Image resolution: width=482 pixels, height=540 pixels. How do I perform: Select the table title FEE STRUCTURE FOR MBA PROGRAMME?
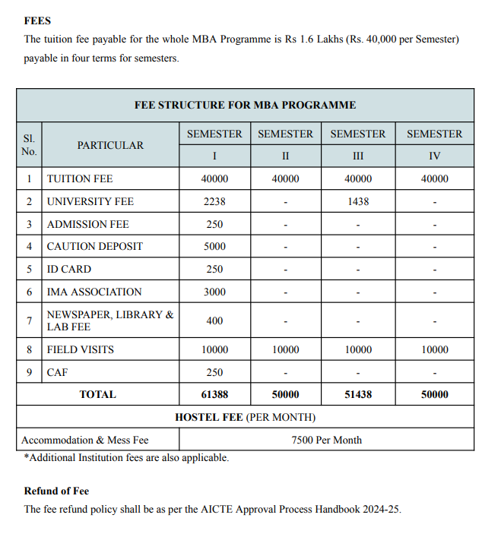click(245, 105)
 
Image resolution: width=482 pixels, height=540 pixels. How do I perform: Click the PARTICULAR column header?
click(110, 145)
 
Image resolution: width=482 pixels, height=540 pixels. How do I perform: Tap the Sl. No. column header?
click(29, 145)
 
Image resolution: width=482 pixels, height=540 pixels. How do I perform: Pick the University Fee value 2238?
click(214, 201)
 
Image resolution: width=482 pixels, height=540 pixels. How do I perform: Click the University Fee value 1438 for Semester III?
click(358, 201)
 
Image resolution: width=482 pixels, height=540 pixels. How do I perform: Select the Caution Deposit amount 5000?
click(214, 246)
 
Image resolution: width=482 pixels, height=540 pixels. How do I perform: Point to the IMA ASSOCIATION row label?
click(94, 292)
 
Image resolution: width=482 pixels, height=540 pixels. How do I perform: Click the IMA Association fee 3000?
click(214, 292)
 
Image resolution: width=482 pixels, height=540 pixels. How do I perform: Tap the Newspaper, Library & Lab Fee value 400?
click(214, 321)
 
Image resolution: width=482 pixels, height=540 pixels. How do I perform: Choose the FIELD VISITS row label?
click(81, 350)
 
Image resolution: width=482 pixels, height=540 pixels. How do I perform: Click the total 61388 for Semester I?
click(214, 394)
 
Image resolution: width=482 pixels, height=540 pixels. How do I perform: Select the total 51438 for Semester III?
click(358, 394)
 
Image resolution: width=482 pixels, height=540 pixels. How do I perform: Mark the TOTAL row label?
click(98, 394)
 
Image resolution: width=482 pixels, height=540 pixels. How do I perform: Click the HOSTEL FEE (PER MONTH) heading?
click(245, 417)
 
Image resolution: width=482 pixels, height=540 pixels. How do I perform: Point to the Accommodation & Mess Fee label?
click(85, 440)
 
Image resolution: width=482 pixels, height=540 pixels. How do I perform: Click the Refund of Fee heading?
click(56, 491)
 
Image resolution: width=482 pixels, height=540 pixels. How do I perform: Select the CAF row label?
click(57, 372)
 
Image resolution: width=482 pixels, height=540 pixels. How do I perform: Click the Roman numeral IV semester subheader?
click(434, 156)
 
